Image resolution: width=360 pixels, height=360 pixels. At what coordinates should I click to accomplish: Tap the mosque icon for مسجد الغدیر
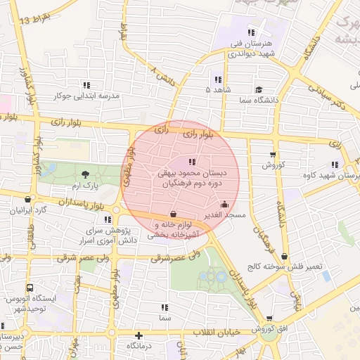click(224, 205)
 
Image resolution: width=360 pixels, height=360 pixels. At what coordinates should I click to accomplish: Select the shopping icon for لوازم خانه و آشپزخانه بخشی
click(173, 214)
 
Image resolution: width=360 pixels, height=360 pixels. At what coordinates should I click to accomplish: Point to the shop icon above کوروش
click(273, 155)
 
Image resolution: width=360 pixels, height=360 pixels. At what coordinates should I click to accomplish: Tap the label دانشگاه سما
click(259, 101)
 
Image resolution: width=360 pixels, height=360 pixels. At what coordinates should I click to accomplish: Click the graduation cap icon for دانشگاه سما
click(259, 89)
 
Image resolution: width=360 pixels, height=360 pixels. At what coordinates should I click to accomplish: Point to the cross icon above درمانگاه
click(139, 335)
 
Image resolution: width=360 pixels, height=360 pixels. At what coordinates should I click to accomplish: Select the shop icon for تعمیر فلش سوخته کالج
click(284, 257)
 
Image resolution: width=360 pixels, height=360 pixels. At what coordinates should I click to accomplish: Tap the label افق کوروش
click(274, 328)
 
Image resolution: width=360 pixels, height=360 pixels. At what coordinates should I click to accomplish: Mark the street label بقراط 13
click(34, 20)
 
